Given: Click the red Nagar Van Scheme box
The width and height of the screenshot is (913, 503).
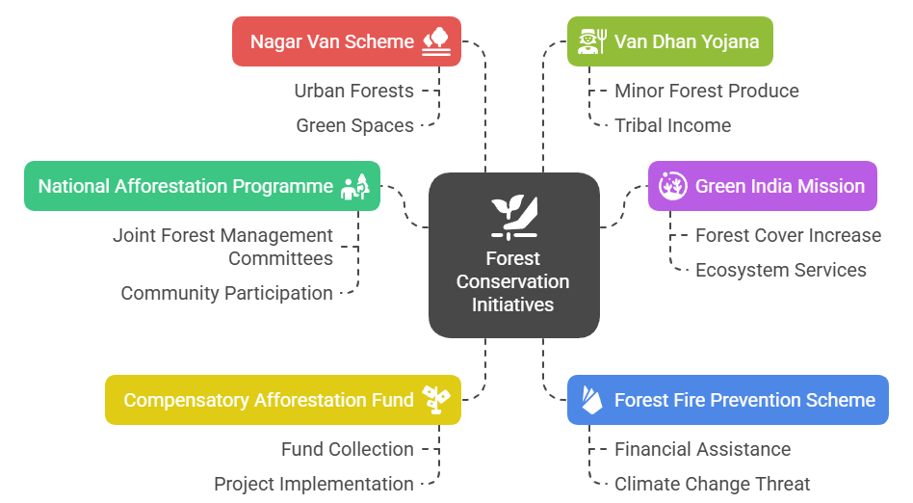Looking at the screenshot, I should pos(346,41).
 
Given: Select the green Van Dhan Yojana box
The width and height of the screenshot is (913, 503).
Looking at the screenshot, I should pos(670,41).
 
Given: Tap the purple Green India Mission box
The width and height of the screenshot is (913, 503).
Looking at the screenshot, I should pos(762,186).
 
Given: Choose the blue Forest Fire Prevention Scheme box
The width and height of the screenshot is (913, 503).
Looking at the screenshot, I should pos(727,400).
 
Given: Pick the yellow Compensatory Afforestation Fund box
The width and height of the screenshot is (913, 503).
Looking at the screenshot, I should pos(282,400).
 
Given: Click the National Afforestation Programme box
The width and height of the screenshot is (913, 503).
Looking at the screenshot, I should pos(201,186).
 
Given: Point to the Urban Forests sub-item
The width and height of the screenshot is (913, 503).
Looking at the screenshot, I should pos(353,91).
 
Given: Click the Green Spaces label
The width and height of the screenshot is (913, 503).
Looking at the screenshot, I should pos(354,125).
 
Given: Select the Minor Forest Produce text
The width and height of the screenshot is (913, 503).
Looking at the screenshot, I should pos(706,91).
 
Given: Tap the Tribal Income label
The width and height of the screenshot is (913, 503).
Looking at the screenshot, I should pos(672,125).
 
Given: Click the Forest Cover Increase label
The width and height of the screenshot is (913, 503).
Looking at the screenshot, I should pos(788,235).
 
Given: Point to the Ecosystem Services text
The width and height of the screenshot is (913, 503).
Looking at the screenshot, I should pos(780,270).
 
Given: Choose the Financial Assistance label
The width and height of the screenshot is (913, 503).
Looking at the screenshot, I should pos(702,449).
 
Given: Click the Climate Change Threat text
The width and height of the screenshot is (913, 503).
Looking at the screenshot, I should pos(712,484).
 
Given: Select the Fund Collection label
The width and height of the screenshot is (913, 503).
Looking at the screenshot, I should pos(347,449).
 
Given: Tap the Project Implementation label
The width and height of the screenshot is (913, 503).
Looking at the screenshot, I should pos(313,484).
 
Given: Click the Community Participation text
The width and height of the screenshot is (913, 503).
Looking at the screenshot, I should pos(226,293).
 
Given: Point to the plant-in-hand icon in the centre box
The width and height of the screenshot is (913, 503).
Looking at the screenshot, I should pos(513,216).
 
